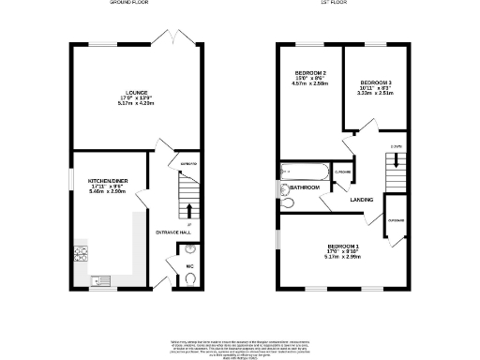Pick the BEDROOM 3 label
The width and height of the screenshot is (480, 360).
click(x=375, y=82)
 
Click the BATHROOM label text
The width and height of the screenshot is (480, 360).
click(x=305, y=187)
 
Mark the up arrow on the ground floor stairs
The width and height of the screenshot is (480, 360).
click(x=191, y=209)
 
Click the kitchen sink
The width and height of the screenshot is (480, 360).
click(x=98, y=279)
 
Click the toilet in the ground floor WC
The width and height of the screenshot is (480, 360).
click(x=191, y=249)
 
